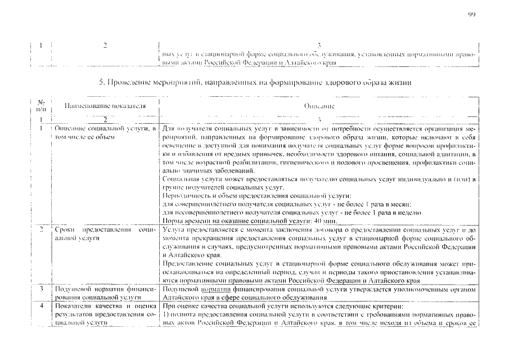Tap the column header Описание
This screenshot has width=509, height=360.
(319, 105)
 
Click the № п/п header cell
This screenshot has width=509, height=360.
(41, 105)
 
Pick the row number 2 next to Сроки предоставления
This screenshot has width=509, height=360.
(41, 231)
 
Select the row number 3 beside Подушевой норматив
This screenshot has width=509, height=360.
(41, 288)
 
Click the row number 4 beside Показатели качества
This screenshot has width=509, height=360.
(41, 305)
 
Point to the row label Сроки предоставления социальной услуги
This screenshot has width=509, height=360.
(105, 235)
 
